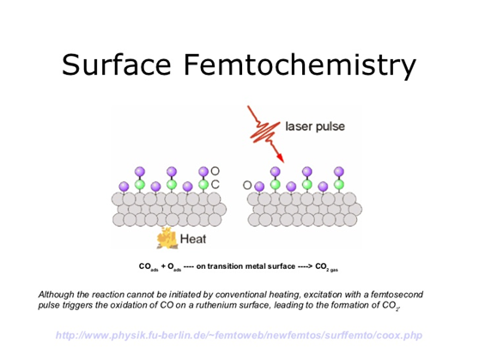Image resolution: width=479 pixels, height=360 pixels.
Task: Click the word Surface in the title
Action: pos(116,64)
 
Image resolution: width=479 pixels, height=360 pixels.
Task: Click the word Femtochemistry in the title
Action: pos(300,66)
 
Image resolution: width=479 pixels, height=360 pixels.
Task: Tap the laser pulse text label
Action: pos(315,126)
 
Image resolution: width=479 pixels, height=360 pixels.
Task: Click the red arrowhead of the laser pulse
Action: pos(281,157)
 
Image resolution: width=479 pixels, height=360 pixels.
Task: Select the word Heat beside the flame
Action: pos(193,239)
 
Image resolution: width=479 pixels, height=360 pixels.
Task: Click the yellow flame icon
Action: pos(167,238)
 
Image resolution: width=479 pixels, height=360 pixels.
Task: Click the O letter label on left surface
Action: pos(215,171)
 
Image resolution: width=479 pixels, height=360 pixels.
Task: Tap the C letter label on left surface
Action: pos(215,185)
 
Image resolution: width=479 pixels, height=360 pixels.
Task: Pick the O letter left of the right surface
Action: pos(247,185)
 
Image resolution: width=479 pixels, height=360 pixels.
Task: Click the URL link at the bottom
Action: pos(239,335)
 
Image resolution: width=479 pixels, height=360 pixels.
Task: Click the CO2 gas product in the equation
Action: pos(326,267)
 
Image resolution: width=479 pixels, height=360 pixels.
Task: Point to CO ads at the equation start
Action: pos(149,267)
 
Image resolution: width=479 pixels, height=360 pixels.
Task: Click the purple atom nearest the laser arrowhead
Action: pos(276,172)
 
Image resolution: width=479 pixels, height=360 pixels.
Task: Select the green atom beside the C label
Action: pos(203,185)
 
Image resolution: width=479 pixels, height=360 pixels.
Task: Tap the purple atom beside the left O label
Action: pos(203,172)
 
